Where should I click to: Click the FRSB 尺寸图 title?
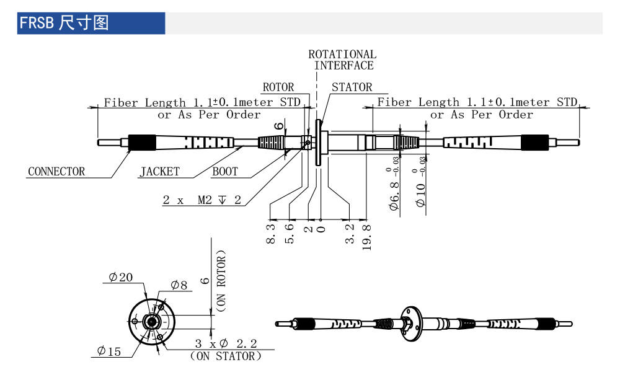64,24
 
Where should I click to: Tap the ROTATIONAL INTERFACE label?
342,60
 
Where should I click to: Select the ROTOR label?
278,87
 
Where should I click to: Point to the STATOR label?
352,87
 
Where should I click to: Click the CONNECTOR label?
56,172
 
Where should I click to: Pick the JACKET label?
159,172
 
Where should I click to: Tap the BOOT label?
225,172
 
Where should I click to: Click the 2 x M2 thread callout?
201,200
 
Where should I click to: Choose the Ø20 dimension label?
120,278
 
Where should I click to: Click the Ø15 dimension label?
109,351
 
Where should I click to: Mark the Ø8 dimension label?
179,285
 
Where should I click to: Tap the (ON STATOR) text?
225,356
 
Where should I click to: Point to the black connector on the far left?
141,143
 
